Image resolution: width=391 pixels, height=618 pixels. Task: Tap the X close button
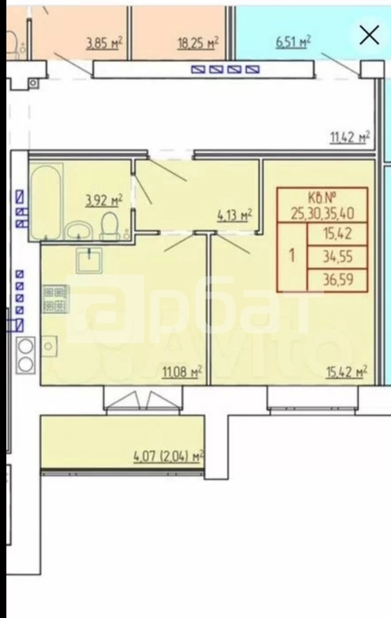[x=369, y=35]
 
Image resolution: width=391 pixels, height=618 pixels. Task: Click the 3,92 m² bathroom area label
[x=104, y=200]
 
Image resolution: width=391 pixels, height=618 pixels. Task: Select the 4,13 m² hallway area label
[x=233, y=216]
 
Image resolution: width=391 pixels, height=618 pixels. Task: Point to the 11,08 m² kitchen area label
[x=182, y=371]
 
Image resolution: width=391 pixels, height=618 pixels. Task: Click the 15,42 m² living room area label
[x=347, y=371]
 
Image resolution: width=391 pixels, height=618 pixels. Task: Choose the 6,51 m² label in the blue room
[x=293, y=42]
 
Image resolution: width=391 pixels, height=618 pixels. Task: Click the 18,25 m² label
[x=198, y=42]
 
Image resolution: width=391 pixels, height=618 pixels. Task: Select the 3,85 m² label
[x=104, y=43]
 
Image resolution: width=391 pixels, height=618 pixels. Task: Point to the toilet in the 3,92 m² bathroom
[x=111, y=226]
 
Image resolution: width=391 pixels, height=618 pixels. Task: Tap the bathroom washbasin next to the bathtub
[x=79, y=230]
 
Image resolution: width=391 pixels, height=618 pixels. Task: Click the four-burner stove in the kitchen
[x=55, y=299]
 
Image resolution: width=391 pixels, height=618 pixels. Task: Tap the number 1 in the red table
[x=292, y=256]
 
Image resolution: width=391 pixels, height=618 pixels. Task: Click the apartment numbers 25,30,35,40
[x=322, y=213]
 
